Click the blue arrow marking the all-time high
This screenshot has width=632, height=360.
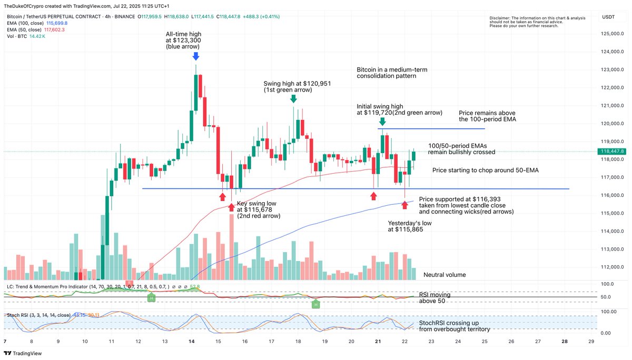(196, 56)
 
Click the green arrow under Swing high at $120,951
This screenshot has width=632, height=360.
(293, 98)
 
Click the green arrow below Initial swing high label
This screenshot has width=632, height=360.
(383, 121)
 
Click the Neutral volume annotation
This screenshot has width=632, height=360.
(445, 275)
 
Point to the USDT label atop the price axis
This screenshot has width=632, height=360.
(608, 17)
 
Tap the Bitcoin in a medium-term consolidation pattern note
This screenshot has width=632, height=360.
(387, 73)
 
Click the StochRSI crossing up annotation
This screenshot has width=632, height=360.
(454, 326)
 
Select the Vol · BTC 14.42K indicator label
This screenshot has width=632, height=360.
(26, 37)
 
